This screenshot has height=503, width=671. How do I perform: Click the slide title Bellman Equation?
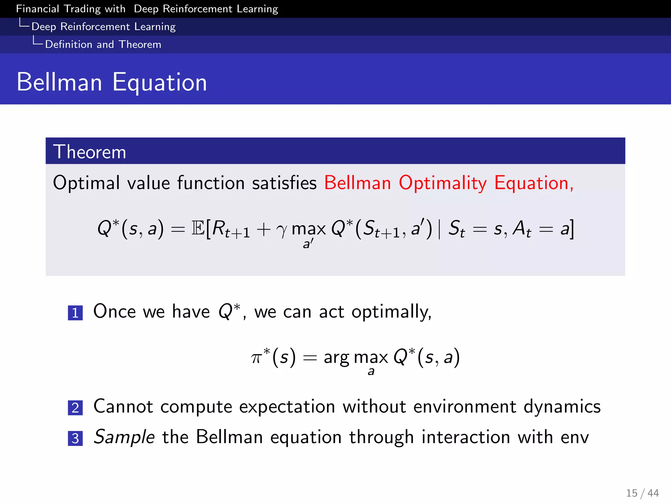112,82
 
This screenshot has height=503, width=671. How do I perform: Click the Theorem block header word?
89,152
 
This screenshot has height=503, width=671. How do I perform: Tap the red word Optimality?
443,183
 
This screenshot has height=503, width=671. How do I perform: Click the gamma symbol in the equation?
281,230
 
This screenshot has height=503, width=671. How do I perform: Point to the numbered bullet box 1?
75,313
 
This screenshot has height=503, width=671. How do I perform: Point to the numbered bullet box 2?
75,408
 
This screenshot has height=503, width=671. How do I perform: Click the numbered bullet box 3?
75,438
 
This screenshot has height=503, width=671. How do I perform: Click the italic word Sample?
124,438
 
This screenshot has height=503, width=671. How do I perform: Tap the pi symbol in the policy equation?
256,358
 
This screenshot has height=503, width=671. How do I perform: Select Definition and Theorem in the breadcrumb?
103,45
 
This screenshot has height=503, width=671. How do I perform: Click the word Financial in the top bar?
37,9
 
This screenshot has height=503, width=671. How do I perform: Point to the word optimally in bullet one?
391,312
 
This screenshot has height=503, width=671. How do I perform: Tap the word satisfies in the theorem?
284,183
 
